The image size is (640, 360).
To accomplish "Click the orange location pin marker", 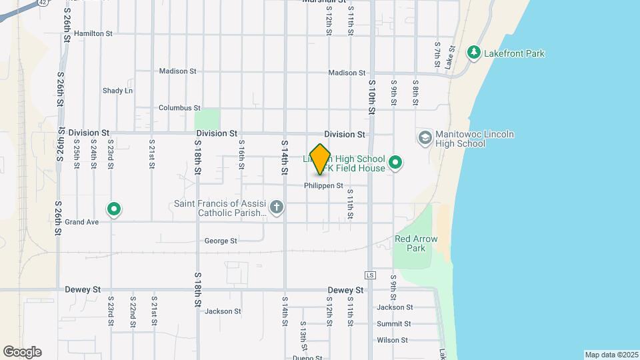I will (321, 159).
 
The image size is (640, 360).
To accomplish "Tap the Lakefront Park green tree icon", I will (474, 53).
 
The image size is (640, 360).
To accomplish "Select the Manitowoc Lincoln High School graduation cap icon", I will (425, 138).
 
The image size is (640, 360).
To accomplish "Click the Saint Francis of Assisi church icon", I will (277, 208).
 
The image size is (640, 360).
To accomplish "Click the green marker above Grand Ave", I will (114, 209).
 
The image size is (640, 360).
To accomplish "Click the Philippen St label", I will (323, 185).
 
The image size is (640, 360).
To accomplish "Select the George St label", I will (221, 241).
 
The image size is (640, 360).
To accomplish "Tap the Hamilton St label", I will (94, 33).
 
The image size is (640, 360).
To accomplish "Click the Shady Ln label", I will (117, 90).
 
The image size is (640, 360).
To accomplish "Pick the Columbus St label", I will (179, 107).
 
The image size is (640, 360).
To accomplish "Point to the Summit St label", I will (393, 323).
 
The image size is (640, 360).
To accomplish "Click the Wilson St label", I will (392, 340).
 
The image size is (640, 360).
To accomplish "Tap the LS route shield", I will (371, 275).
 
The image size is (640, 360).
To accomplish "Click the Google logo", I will (22, 351).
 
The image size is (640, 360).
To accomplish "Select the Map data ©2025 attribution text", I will (611, 354).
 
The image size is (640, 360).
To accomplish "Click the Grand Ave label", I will (82, 221).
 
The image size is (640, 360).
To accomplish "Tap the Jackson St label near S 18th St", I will (223, 311).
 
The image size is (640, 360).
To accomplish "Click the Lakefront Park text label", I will (515, 53).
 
